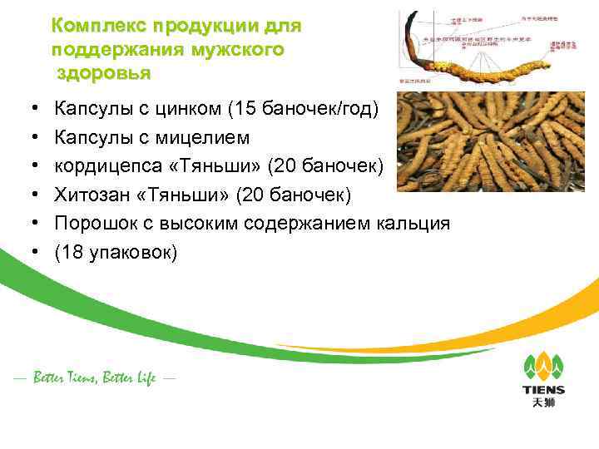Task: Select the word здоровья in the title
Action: (104, 72)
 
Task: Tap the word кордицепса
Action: (111, 165)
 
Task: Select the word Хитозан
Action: (91, 195)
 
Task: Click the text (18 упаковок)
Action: (116, 252)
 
